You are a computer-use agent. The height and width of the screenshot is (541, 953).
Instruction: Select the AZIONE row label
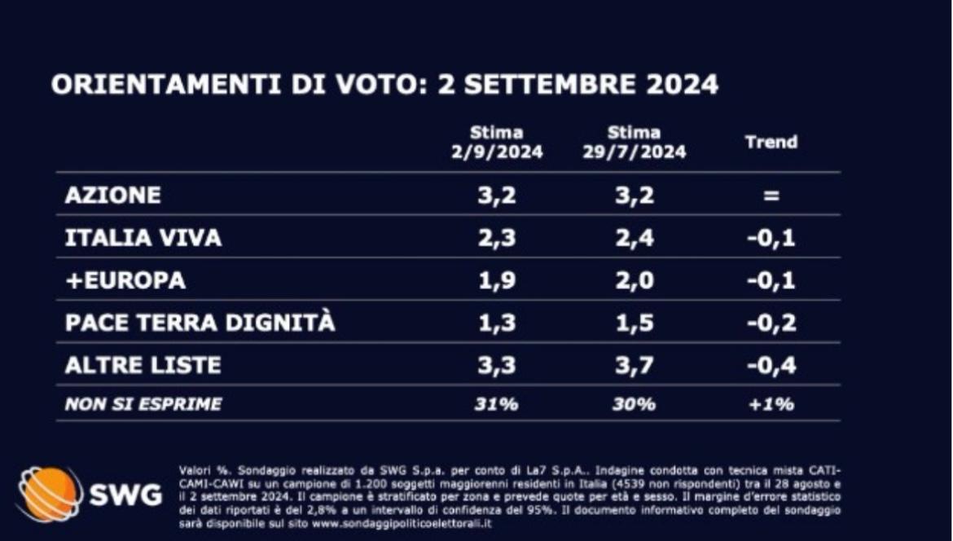113,196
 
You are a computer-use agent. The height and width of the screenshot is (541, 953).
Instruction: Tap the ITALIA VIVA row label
143,238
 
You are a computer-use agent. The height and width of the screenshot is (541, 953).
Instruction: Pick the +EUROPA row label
125,280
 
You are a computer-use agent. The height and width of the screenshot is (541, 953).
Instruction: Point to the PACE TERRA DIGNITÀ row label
200,323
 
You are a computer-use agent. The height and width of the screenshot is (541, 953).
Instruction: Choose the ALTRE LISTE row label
143,365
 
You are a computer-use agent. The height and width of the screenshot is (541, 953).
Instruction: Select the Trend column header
771,142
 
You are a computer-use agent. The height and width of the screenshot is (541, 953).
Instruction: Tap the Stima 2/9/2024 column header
497,143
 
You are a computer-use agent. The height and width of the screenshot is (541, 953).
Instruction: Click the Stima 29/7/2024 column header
635,143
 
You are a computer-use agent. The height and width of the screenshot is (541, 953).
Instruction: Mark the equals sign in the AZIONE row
771,196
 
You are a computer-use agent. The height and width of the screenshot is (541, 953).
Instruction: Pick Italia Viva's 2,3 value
497,238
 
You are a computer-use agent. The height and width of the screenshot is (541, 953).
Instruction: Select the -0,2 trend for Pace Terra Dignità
771,323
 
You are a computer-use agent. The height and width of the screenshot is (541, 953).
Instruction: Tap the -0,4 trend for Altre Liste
771,365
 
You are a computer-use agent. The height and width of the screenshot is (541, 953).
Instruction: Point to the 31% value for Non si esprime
497,403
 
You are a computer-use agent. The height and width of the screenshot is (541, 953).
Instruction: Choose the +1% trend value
771,403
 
